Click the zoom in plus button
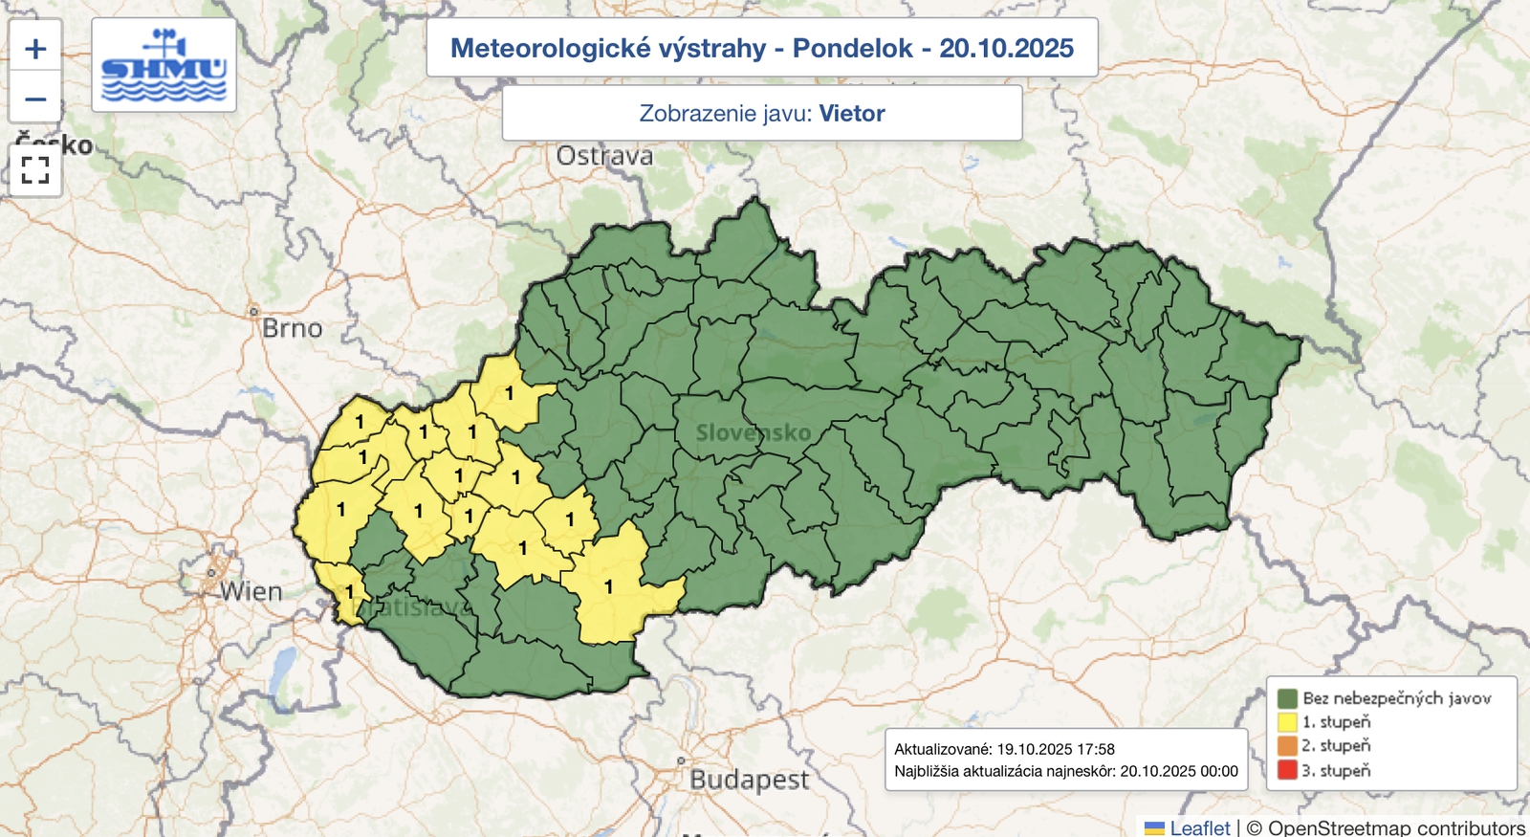click(35, 48)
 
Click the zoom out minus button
click(35, 99)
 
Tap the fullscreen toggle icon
click(35, 170)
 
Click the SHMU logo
click(164, 65)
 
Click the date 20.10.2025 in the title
click(1006, 48)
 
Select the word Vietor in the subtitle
click(851, 114)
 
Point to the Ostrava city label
click(604, 156)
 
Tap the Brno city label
click(292, 328)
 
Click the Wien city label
click(251, 592)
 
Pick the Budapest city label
click(749, 780)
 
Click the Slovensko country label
click(754, 432)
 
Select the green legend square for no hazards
click(1287, 698)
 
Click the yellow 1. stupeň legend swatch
click(1287, 722)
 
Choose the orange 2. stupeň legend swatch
click(1287, 746)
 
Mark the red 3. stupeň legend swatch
click(1287, 770)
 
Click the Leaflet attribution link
click(1199, 827)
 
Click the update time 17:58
click(1095, 749)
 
